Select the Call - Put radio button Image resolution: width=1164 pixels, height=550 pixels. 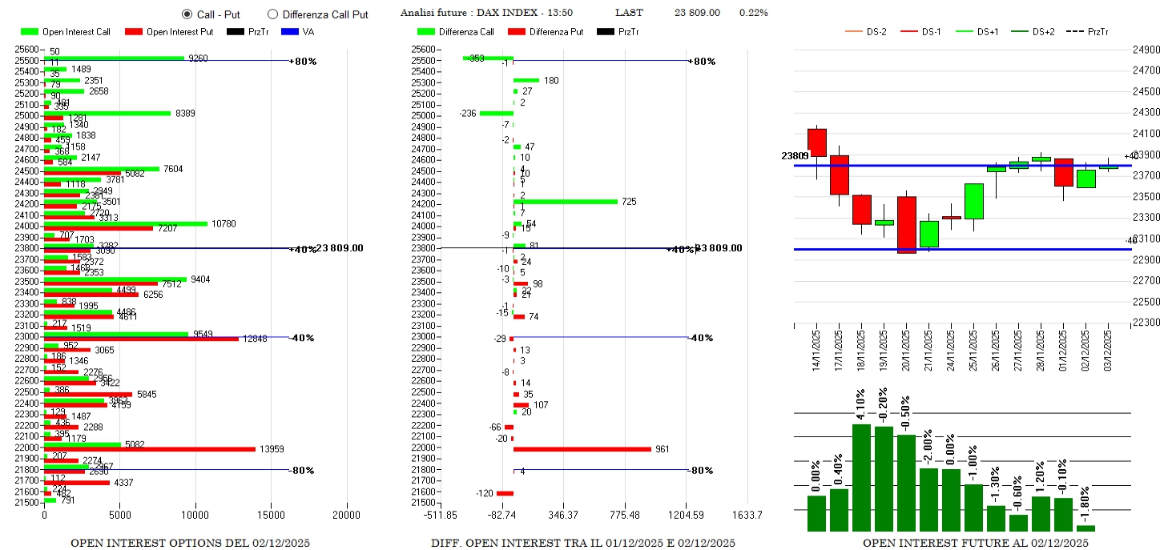tap(187, 14)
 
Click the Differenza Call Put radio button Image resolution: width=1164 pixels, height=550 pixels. tap(272, 14)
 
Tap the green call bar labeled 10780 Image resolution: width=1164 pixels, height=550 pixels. tap(125, 223)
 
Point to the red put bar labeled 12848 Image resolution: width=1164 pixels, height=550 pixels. tap(141, 339)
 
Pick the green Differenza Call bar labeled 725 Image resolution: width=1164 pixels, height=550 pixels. tap(566, 202)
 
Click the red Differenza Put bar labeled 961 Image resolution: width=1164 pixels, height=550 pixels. tap(582, 449)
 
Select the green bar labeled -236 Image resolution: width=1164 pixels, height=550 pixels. tap(497, 113)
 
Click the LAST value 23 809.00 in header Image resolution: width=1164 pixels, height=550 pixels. tap(697, 13)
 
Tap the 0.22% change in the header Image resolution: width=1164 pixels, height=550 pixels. tap(753, 13)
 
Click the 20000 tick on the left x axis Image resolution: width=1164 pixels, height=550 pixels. tap(347, 514)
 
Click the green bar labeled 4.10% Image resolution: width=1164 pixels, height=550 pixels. tap(861, 477)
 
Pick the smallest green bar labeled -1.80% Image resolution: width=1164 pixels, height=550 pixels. tap(1085, 528)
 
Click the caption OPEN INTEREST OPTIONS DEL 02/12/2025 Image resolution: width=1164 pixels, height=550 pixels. tap(190, 543)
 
